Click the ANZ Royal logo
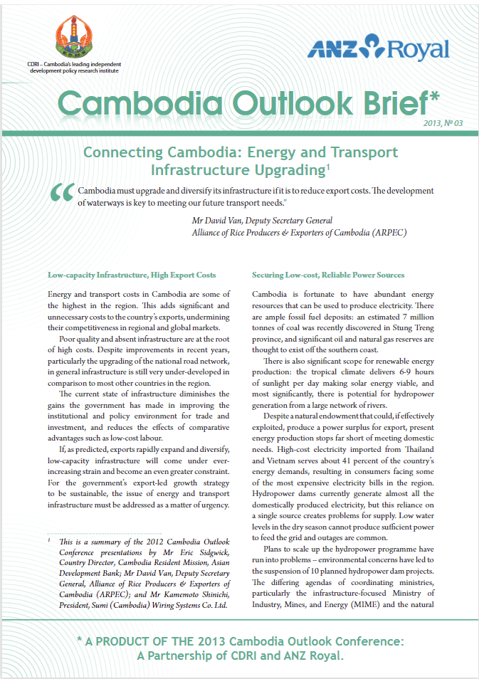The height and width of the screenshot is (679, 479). point(378,48)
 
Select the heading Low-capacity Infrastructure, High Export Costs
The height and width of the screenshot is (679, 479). point(132,275)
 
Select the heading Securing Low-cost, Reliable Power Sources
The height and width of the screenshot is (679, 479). point(328,275)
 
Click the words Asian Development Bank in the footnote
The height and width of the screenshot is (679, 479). point(131,565)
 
